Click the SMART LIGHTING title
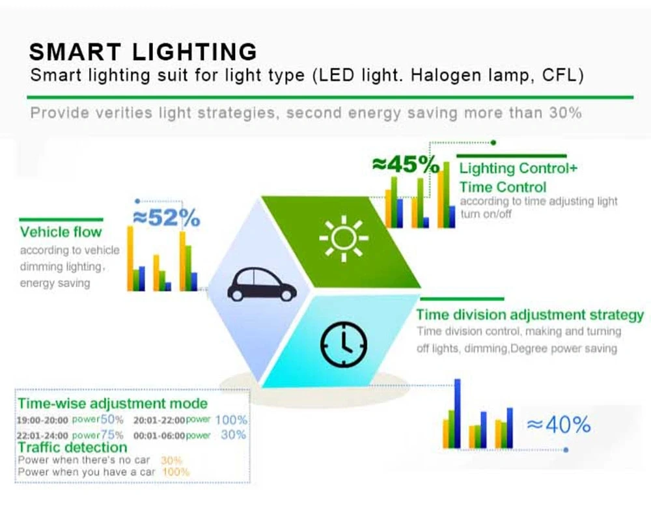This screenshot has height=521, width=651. pos(143,51)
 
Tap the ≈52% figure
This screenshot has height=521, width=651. pos(166,218)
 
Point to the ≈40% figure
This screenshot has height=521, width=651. pos(559,425)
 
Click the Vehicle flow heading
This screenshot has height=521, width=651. pos(61,232)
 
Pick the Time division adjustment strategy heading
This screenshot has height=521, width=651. pos(530,315)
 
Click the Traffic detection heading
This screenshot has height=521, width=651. pos(72,447)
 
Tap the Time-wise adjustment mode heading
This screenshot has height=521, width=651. pos(113,404)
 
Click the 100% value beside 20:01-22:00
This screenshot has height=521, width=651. pos(231,420)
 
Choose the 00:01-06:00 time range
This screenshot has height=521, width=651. pos(159,435)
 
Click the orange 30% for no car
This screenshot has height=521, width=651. pos(171,460)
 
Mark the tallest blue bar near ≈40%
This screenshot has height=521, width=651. pos(457,413)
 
